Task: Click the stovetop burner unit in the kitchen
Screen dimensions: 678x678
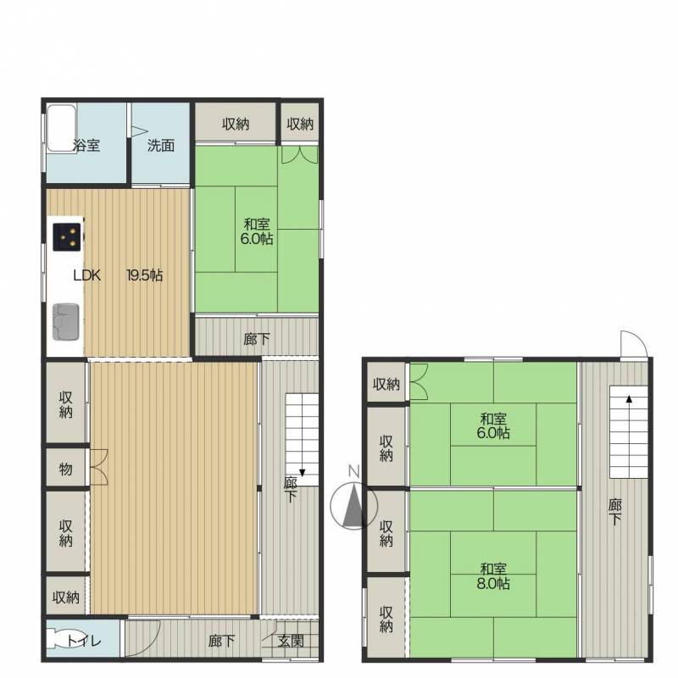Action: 67,237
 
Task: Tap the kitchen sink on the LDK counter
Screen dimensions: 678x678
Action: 66,322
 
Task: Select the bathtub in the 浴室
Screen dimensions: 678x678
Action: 61,128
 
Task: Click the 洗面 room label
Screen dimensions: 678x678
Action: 161,145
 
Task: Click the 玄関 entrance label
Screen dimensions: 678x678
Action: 291,641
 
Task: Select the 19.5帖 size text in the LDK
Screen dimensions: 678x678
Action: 144,275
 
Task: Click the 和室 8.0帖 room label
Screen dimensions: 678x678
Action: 493,576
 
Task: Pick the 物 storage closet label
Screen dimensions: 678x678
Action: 66,469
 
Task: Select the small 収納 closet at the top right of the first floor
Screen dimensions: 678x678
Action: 300,124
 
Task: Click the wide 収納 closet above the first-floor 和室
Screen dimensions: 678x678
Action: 236,123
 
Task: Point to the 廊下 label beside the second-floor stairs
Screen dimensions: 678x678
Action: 615,512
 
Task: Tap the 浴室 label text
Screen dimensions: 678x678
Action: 86,145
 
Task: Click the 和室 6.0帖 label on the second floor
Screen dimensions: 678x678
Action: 493,425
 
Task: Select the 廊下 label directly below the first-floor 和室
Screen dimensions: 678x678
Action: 257,339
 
